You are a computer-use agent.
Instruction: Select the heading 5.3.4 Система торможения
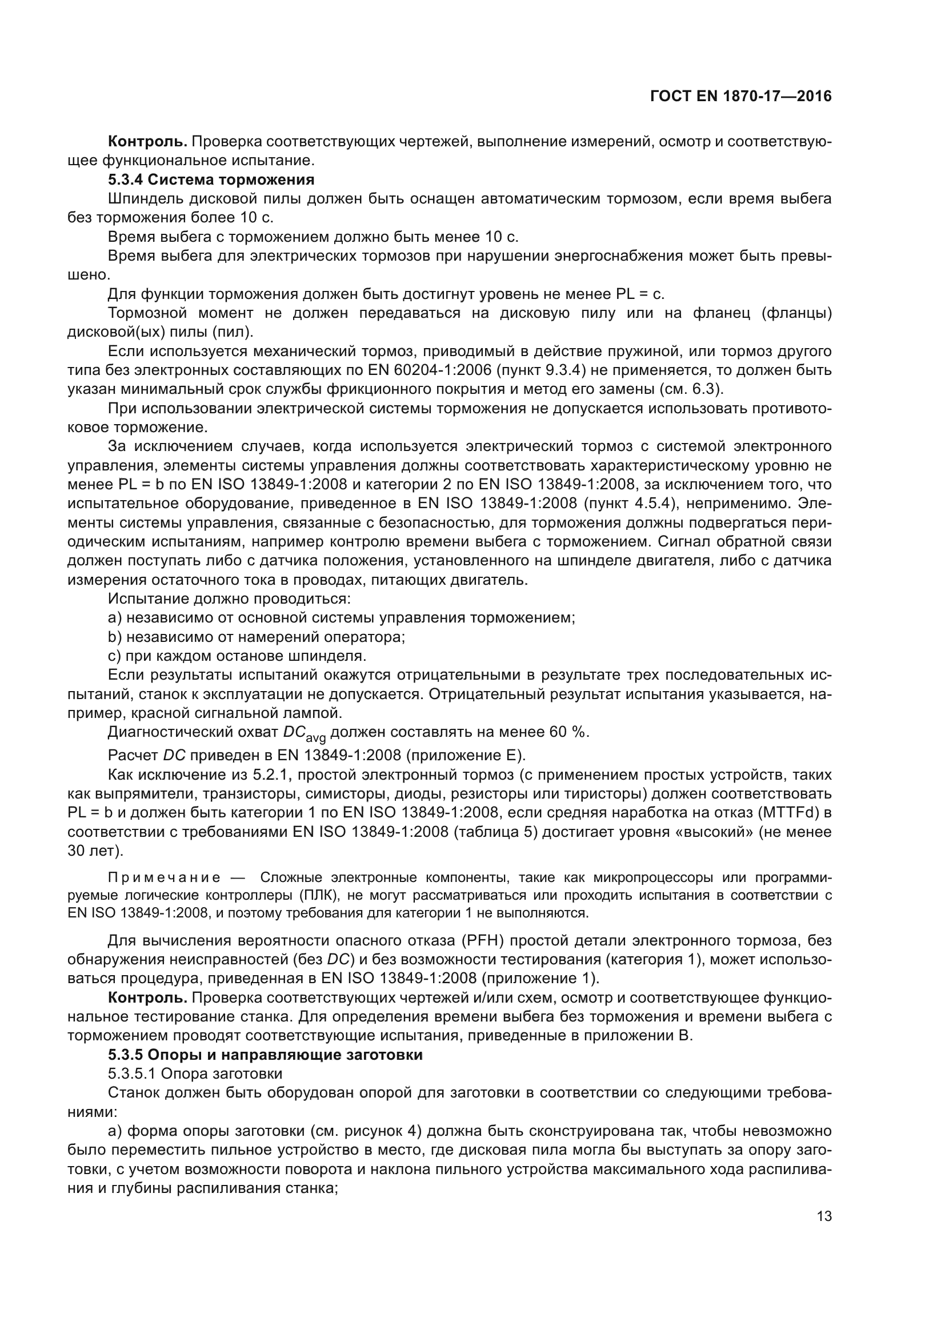pos(211,179)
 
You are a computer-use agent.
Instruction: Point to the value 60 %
pos(567,732)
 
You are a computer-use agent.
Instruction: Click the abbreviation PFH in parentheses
pos(479,940)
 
